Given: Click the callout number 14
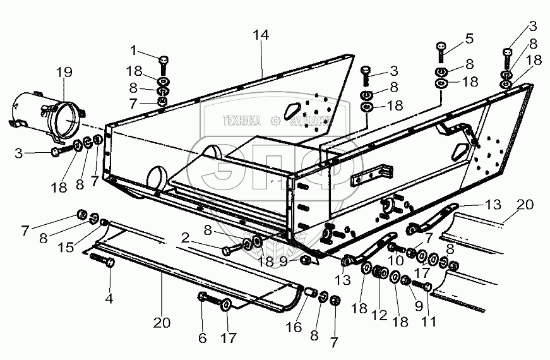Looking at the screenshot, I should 261,35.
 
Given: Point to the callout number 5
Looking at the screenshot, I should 469,38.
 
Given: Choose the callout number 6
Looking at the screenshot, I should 202,338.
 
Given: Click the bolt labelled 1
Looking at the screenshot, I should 164,62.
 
